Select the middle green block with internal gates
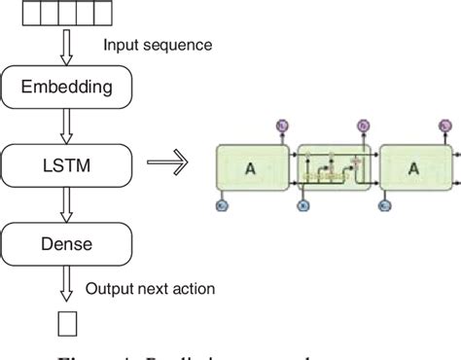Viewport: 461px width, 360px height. (334, 165)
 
